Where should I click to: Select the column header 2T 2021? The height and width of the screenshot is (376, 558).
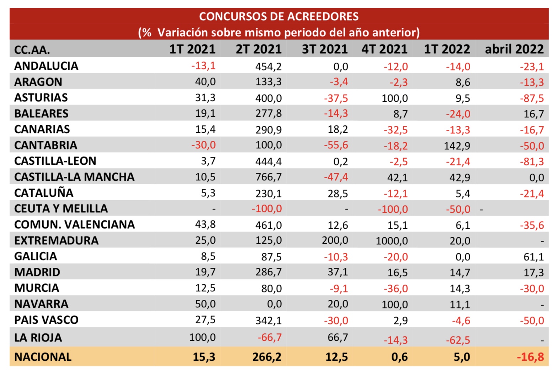[259, 49]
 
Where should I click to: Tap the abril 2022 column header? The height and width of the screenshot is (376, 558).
[514, 49]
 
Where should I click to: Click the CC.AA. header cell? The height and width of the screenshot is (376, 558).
[32, 50]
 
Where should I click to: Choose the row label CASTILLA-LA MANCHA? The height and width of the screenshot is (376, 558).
[74, 177]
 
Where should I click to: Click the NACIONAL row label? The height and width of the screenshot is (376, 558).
[43, 357]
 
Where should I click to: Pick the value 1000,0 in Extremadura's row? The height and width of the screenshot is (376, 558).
[392, 241]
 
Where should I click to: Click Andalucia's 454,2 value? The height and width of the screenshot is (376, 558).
[268, 67]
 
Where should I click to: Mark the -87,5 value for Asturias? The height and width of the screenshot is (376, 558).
[532, 98]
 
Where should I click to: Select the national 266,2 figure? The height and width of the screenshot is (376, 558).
[267, 357]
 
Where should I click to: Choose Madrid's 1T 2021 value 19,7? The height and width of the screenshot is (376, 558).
[205, 272]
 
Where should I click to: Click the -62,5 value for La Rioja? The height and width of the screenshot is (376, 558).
[458, 340]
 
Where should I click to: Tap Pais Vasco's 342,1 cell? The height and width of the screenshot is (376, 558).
[268, 321]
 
